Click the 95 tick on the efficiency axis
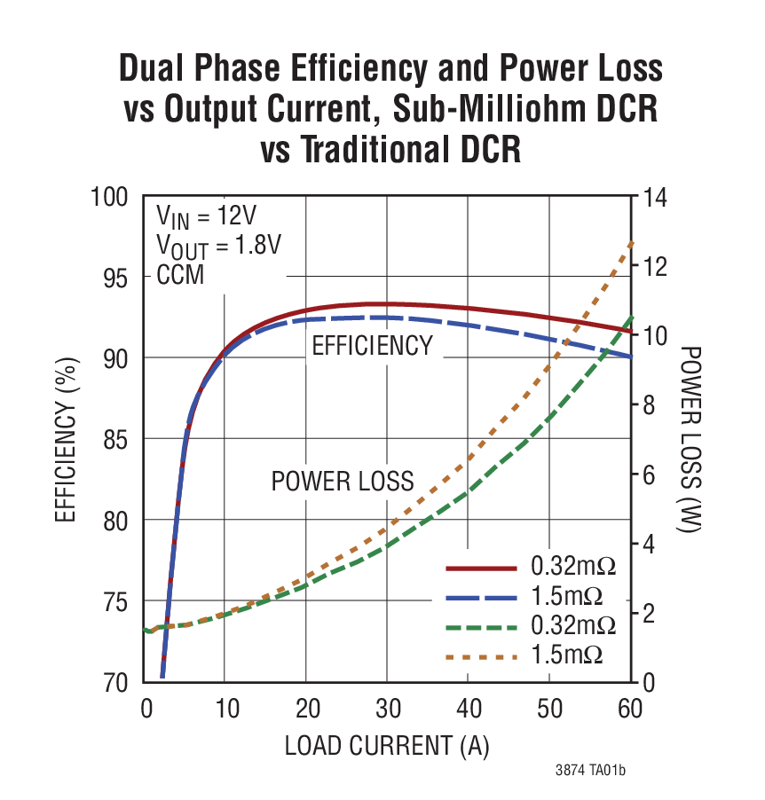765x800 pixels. coord(117,278)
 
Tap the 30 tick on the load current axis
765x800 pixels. coord(388,710)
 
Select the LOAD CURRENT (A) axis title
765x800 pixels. coord(387,745)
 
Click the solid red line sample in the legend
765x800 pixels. coord(480,566)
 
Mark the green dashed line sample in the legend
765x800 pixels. coord(480,627)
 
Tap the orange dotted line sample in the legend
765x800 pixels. coord(480,657)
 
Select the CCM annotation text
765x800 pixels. coord(180,275)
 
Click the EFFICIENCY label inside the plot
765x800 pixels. coord(372,346)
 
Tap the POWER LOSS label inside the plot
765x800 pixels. coord(343,482)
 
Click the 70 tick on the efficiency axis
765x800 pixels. coord(117,683)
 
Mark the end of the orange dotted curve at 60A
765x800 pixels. coord(631,241)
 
